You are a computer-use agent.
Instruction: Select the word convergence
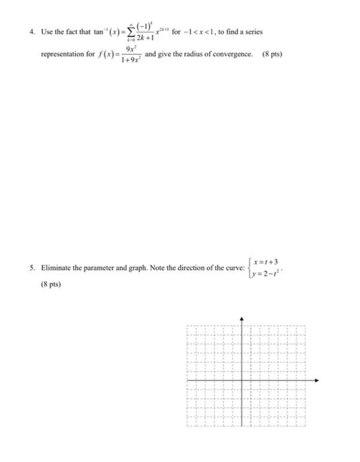(231, 54)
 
